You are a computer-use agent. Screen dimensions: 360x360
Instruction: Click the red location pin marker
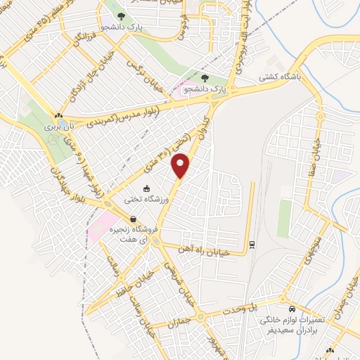[181, 166]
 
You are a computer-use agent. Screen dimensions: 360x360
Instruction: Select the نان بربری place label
[58, 127]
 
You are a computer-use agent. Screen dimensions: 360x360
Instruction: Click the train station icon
[251, 244]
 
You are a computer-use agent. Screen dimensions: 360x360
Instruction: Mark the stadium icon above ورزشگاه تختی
[146, 188]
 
